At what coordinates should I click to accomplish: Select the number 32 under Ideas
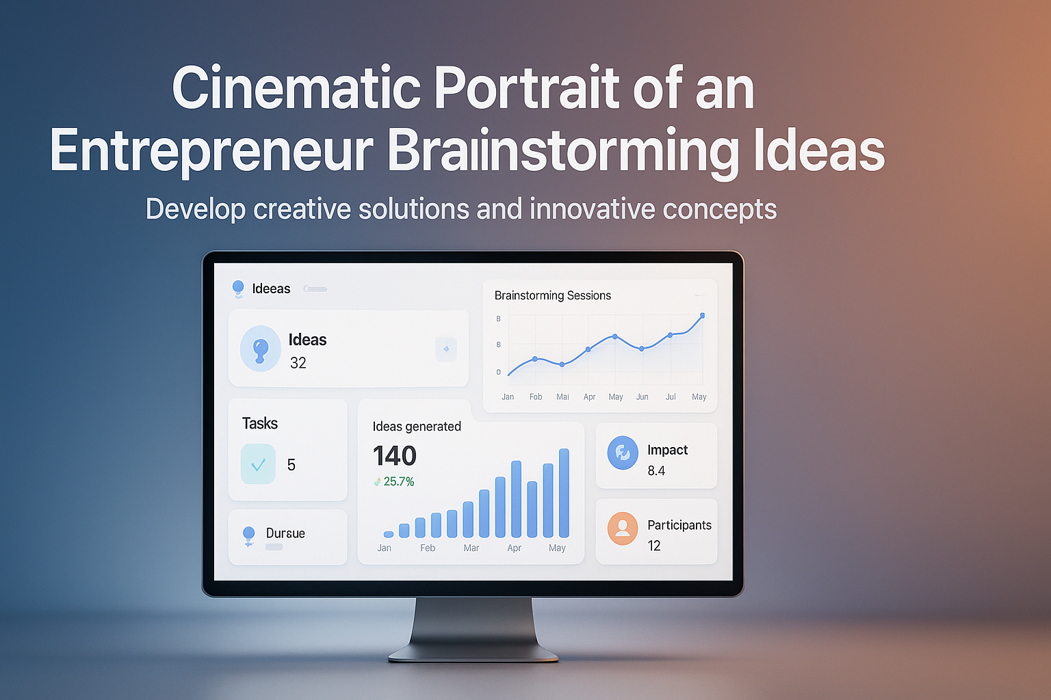[298, 363]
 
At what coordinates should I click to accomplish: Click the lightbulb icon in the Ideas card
[260, 349]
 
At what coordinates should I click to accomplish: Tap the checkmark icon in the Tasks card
[258, 465]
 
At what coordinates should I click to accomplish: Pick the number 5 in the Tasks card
[291, 466]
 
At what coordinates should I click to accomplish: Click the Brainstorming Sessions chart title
[553, 295]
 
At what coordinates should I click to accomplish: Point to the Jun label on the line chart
[642, 397]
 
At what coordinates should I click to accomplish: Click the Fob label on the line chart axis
[536, 397]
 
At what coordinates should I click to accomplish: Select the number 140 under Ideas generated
[395, 456]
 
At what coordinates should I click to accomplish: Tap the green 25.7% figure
[399, 482]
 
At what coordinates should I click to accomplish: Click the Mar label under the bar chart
[471, 548]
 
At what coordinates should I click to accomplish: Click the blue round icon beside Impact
[623, 453]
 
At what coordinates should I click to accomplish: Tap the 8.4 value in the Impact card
[656, 471]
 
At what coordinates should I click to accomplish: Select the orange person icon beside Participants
[623, 528]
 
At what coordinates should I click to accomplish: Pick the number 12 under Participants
[654, 546]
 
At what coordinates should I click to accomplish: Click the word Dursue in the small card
[285, 533]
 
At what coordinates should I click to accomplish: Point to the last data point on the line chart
[702, 316]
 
